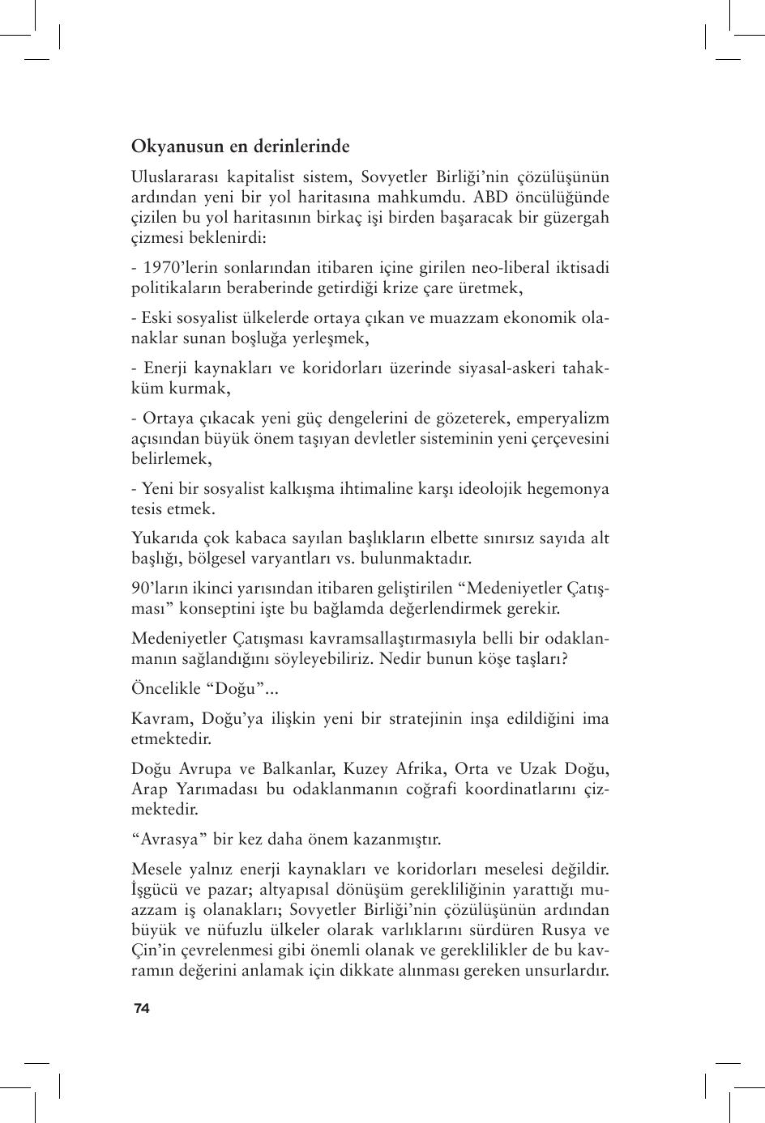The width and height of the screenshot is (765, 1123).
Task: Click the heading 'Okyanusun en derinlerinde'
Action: tap(241, 147)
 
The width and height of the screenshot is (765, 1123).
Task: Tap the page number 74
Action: tap(142, 1008)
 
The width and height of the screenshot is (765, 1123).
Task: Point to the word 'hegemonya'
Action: tap(570, 489)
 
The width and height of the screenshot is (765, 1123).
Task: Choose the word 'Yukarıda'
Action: tap(163, 538)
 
